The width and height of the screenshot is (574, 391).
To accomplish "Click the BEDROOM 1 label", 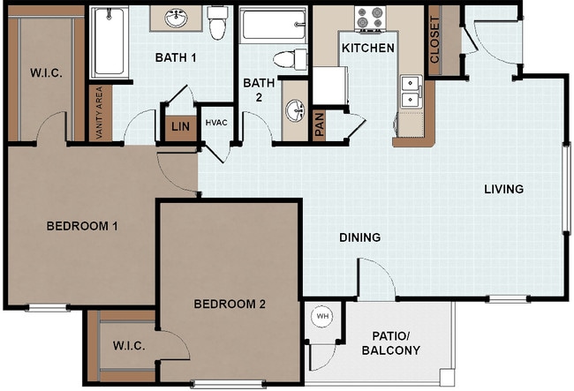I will click(x=82, y=226).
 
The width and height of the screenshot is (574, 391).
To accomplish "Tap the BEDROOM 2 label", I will click(x=230, y=305).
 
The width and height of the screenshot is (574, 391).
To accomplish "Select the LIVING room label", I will click(x=503, y=189).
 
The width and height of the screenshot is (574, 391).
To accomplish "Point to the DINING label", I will click(x=359, y=237).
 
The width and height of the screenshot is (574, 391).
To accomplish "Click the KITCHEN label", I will click(x=368, y=48).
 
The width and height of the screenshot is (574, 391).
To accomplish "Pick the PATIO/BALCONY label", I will click(x=391, y=343).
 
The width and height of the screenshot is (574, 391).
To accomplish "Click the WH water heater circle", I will click(x=321, y=316).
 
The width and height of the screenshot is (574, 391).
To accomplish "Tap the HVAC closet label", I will click(x=217, y=122).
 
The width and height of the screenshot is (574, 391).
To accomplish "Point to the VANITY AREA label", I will click(x=99, y=113).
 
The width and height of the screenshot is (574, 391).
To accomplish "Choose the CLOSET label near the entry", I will click(x=434, y=41).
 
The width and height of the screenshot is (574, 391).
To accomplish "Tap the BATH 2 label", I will click(x=260, y=90).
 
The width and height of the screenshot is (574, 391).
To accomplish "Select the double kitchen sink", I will click(x=410, y=91).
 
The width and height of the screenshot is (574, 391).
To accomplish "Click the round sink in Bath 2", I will click(x=294, y=112).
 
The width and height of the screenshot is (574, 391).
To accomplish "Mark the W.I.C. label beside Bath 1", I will click(x=44, y=72).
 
